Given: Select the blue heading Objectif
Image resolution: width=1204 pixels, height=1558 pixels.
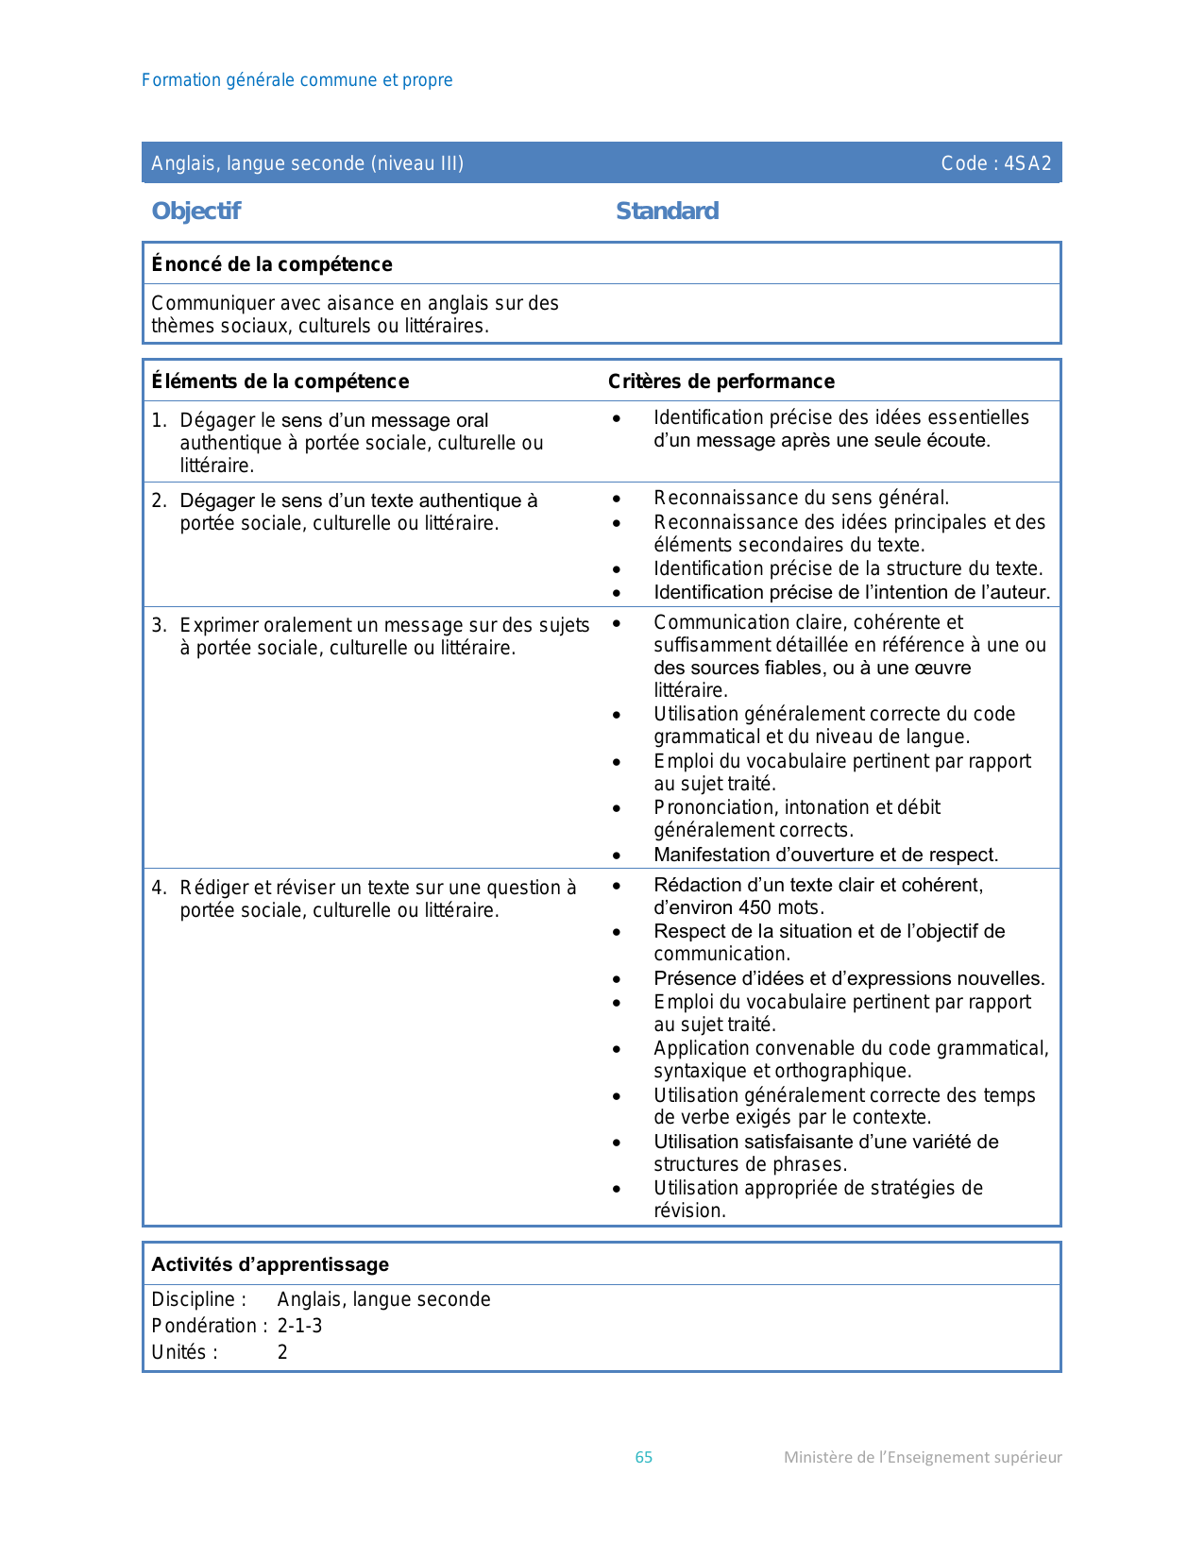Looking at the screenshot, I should point(196,211).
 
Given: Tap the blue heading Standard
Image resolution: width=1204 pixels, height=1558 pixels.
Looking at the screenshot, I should point(667,211).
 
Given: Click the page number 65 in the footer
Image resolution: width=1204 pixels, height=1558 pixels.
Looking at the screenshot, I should point(644,1457).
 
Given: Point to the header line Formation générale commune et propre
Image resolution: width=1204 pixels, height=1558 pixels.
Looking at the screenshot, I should point(297,80).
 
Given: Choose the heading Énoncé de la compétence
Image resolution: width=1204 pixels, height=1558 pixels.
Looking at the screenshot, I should point(272,264).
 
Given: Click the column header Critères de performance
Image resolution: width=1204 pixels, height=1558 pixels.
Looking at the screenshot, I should point(721,381).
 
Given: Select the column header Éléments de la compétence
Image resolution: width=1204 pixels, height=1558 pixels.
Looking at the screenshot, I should point(280,381).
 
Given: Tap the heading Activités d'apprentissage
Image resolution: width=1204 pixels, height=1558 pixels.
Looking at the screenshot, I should point(270,1264).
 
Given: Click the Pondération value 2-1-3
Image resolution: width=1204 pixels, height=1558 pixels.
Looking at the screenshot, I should point(299,1326).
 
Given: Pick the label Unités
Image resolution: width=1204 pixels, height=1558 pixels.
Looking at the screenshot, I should point(180,1352).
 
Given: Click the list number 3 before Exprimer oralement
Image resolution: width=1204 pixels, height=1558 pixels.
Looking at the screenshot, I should point(159,625).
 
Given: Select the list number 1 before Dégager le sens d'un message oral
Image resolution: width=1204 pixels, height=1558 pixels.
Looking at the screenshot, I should point(159,420).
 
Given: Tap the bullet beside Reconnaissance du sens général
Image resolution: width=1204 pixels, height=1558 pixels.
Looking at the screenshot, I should point(617,499).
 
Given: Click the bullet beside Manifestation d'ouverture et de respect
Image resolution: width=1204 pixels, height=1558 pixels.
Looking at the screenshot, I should point(617,855).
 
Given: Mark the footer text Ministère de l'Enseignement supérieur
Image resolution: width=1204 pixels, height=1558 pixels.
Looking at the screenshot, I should point(923,1457).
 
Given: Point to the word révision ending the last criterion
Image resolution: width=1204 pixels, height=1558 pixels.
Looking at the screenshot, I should point(688,1211).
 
